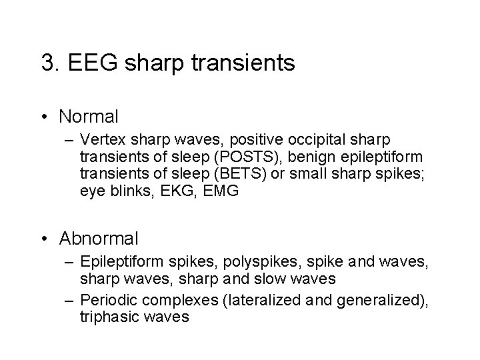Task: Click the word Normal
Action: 88,117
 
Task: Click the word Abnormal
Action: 98,237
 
